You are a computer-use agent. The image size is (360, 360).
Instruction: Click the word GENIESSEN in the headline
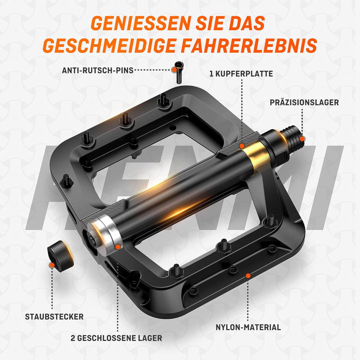point(132,23)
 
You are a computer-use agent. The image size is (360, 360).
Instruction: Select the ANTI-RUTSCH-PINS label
point(98,70)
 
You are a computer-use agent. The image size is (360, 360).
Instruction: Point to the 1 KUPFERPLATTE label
point(241,73)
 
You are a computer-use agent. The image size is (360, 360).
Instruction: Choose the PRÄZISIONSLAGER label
point(304,102)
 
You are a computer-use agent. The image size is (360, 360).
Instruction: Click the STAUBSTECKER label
point(54,316)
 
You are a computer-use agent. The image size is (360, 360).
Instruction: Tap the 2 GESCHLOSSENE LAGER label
point(117,338)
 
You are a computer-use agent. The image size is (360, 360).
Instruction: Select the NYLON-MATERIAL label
point(248,327)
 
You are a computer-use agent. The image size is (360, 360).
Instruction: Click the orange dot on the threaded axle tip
point(303,136)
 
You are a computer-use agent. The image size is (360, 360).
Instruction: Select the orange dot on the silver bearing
point(117,246)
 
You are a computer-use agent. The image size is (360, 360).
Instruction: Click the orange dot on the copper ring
point(242,145)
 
